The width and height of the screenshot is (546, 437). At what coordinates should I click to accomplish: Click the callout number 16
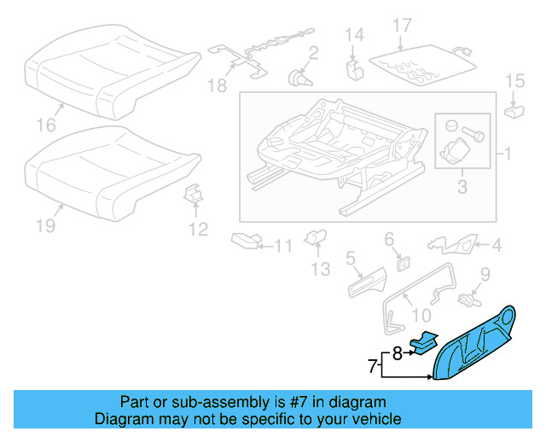pyautogui.click(x=46, y=125)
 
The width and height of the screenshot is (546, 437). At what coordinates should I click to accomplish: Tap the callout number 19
pyautogui.click(x=45, y=225)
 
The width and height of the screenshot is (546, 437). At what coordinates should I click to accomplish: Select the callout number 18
pyautogui.click(x=218, y=85)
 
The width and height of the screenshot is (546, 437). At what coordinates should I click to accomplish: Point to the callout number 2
pyautogui.click(x=313, y=55)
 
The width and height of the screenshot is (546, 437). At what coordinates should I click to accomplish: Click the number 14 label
pyautogui.click(x=354, y=35)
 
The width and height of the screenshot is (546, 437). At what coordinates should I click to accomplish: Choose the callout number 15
pyautogui.click(x=515, y=81)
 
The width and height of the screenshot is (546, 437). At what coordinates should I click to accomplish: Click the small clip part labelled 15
pyautogui.click(x=514, y=109)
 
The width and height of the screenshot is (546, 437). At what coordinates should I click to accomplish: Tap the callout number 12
pyautogui.click(x=198, y=229)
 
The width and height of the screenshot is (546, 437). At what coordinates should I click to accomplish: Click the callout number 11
pyautogui.click(x=282, y=247)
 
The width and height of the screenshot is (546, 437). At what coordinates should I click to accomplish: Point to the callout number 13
pyautogui.click(x=319, y=270)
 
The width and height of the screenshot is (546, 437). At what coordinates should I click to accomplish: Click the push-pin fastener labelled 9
pyautogui.click(x=466, y=300)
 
